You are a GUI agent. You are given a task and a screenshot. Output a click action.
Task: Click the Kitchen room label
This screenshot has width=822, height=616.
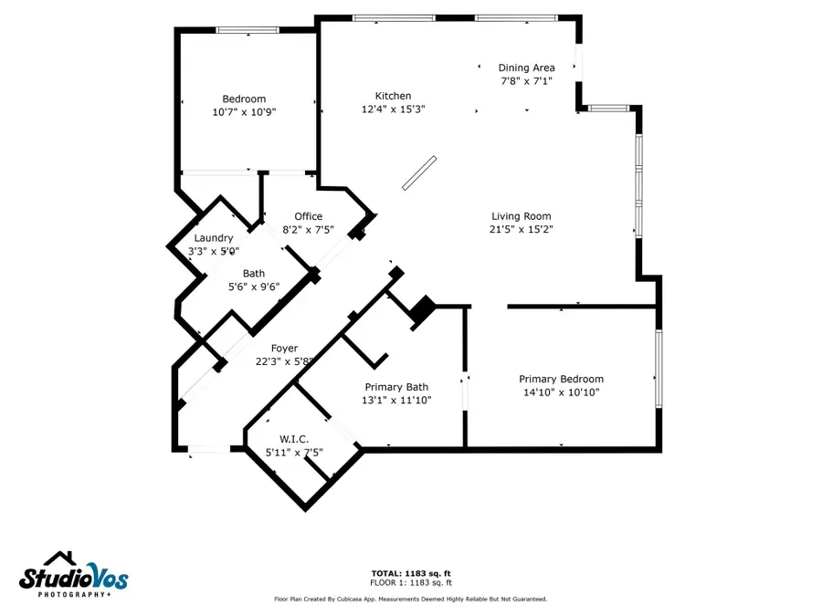coord(393,96)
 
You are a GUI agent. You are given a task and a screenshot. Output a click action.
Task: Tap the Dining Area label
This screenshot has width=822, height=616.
coord(526,68)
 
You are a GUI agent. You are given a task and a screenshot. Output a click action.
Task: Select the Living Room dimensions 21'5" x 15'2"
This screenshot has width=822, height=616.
coord(521,230)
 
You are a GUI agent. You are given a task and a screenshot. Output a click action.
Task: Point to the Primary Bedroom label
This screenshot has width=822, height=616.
coord(561,379)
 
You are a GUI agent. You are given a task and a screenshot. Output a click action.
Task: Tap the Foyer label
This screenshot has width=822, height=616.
coord(284,348)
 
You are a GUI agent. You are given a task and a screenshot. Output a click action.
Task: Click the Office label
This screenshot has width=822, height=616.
coord(308,216)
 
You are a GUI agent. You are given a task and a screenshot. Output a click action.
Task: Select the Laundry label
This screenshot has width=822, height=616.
coord(213,238)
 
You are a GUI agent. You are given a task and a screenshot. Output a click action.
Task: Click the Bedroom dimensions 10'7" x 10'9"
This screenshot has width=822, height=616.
coord(244,112)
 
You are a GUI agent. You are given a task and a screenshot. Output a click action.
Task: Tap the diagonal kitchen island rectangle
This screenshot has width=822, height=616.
coord(420,172)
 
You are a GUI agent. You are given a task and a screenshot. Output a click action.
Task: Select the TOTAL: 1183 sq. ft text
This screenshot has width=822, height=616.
coord(410,573)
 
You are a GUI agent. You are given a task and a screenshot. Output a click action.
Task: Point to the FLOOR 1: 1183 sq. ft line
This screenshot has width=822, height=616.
coord(410,582)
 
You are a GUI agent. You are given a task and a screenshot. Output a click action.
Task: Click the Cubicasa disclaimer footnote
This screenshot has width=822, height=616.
coord(410,600)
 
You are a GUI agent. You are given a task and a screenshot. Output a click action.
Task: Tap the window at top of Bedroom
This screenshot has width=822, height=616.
coord(248,30)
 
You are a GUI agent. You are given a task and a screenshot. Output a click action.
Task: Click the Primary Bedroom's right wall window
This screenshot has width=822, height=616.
coord(658,370)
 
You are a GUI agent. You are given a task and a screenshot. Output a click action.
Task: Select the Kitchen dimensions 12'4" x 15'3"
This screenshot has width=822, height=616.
coord(393,110)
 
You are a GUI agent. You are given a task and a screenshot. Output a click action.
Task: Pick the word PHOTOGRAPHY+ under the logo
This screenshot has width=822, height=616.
coord(73,595)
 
